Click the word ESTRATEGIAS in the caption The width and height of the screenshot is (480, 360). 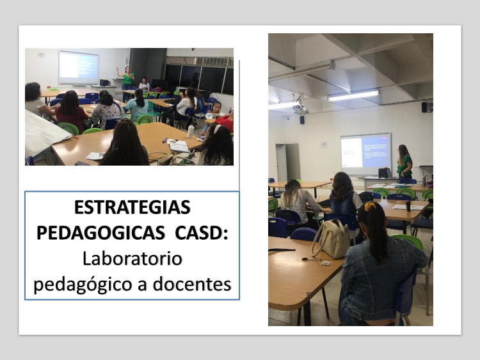[x=132, y=207]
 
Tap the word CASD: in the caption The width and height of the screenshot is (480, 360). [x=202, y=233]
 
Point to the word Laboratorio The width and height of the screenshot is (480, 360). [x=132, y=259]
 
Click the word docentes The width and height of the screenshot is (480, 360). [x=192, y=284]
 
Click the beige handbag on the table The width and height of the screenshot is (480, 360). [x=332, y=239]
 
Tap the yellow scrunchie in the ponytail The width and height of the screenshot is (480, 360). [x=370, y=206]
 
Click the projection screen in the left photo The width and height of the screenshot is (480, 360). [x=79, y=67]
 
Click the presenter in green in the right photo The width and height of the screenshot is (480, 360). [x=404, y=162]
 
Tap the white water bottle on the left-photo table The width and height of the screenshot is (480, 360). [x=191, y=131]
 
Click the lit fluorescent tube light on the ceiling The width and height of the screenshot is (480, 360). [x=353, y=96]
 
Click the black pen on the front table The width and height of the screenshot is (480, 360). [x=311, y=260]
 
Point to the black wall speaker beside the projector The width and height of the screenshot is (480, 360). [x=302, y=120]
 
